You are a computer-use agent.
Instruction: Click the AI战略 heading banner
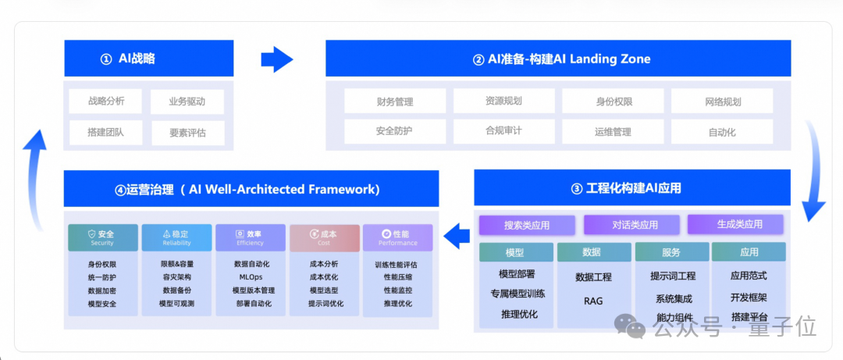coord(148,59)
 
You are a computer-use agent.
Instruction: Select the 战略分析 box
coord(105,101)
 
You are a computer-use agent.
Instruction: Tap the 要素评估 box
coord(187,133)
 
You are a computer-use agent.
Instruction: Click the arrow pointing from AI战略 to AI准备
coord(276,59)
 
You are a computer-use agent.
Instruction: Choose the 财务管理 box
coord(394,101)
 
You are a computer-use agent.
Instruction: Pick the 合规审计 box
coord(503,131)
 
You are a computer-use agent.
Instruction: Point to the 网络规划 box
coord(721,101)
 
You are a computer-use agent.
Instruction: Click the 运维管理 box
coord(613,131)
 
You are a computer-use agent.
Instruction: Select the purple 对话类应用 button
coord(632,225)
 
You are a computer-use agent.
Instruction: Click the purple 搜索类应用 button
coord(527,225)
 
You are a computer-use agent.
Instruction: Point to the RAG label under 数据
coord(593,301)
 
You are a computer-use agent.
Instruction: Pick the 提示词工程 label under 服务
coord(672,276)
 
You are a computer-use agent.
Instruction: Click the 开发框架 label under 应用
coord(749,298)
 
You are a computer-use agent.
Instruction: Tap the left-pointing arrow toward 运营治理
coord(456,233)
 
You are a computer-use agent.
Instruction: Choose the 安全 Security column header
coord(102,237)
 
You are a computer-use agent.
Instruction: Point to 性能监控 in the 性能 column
coord(397,290)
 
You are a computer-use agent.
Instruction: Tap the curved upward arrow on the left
coord(34,180)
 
